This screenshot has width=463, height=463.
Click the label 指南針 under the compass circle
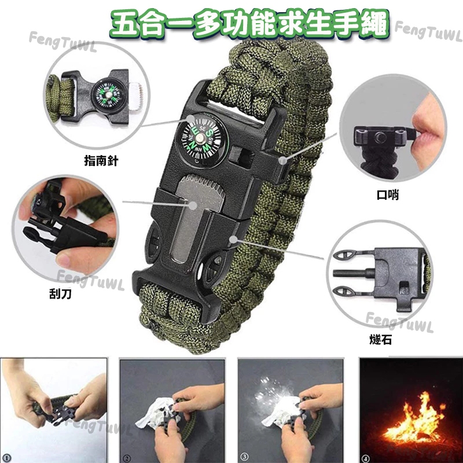101,161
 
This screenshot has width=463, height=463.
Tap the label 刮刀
60,294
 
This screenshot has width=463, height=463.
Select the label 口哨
388,195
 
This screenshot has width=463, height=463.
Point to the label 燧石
381,340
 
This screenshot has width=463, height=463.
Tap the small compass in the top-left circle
107,95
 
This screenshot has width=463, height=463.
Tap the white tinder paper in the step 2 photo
153,412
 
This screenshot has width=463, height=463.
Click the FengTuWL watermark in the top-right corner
429,31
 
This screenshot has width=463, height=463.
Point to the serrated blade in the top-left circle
135,97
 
